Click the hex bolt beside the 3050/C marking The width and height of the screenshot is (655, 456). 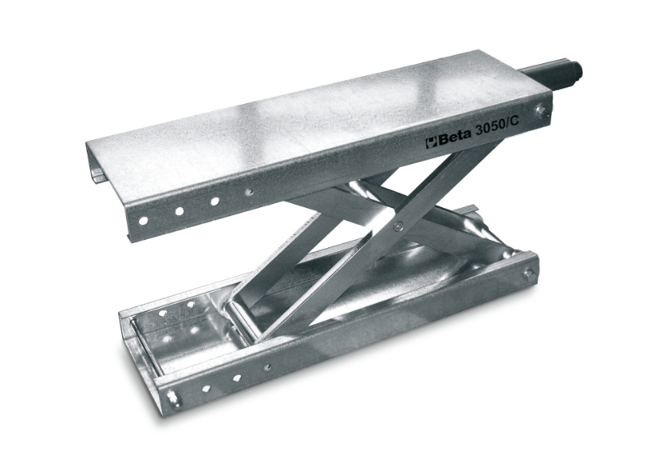point(540,111)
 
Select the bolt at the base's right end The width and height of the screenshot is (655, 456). point(528,274)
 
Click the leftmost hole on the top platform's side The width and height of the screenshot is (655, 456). point(143,220)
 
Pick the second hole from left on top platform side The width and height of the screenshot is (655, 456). point(179,211)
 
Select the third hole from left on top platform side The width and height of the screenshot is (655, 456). point(215,201)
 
